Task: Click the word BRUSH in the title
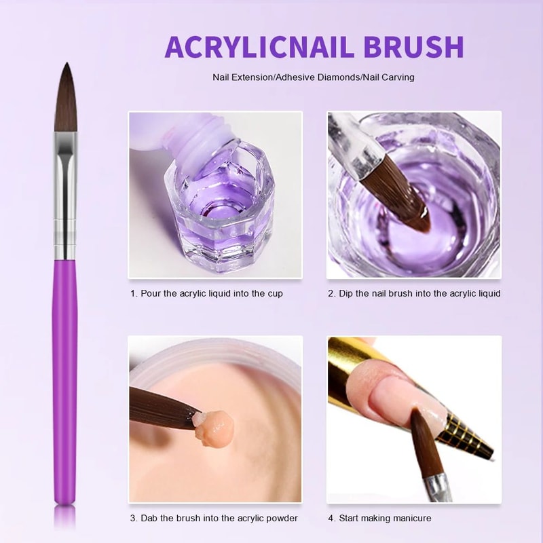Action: tap(413, 47)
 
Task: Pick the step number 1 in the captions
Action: tap(133, 294)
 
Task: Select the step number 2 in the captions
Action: tap(331, 294)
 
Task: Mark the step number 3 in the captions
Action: tap(133, 519)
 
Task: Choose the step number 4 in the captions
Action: tap(331, 519)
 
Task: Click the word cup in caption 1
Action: tap(274, 294)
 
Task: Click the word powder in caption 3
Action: tap(281, 519)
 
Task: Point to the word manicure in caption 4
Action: tap(409, 519)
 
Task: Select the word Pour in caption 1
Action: tap(150, 294)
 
